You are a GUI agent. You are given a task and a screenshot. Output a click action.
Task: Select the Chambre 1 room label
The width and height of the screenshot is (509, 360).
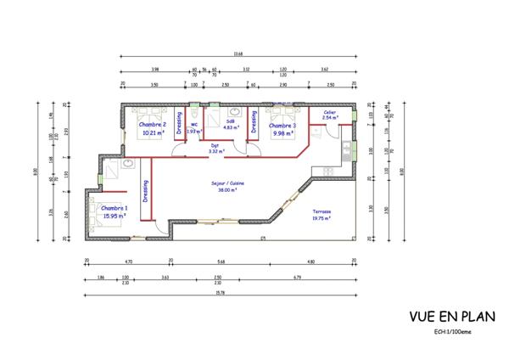114,208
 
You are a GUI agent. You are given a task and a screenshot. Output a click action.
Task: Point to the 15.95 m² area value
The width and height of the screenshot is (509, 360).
114,217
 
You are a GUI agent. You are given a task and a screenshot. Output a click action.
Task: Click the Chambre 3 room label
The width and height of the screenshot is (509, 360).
282,125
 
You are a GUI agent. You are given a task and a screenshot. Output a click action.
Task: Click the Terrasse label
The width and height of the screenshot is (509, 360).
321,211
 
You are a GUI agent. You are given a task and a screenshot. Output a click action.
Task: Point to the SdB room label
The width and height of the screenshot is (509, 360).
229,121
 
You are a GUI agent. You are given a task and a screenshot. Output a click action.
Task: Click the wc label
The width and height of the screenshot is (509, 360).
193,125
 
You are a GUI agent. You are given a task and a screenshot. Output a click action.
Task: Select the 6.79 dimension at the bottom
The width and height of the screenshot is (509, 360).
298,278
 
